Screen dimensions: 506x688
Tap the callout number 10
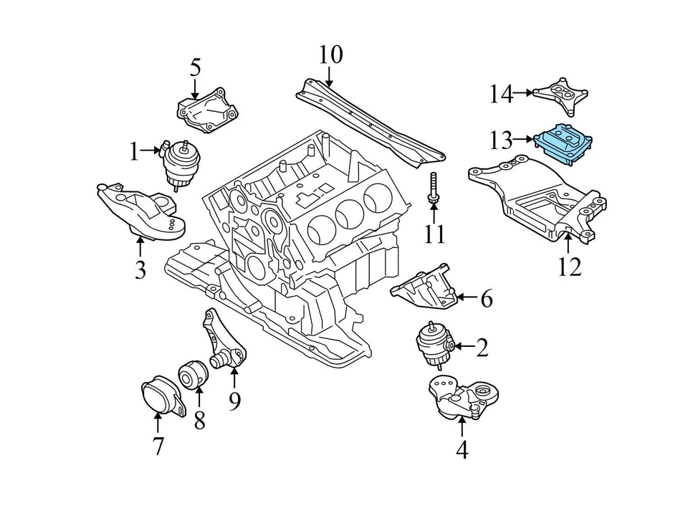[330, 54]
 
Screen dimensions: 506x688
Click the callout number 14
[502, 93]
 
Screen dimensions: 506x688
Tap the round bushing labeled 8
[193, 375]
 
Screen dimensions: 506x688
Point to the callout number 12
[569, 267]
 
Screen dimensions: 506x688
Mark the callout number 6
[486, 298]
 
